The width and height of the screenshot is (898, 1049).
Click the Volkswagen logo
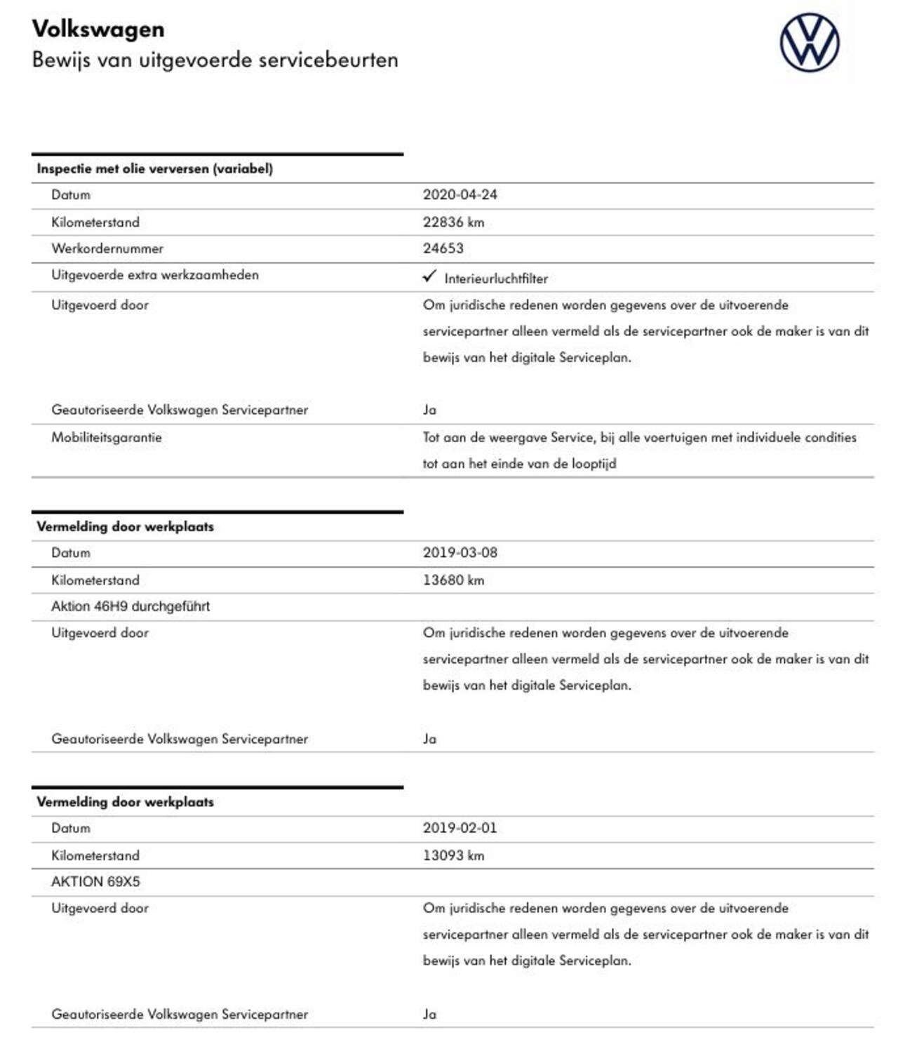point(809,42)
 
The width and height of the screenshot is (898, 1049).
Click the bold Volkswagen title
point(98,29)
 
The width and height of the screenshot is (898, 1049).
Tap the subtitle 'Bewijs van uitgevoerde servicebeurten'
point(215,60)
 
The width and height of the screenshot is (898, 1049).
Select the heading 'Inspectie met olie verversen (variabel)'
point(154,168)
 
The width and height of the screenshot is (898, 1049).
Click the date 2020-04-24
point(460,195)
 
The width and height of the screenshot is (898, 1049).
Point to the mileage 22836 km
point(453,222)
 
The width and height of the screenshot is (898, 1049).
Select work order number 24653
point(443,248)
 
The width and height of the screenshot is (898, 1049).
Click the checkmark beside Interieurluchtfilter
point(429,276)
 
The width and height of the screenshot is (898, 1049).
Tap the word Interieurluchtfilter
point(495,279)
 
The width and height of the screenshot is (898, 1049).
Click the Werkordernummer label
point(107,248)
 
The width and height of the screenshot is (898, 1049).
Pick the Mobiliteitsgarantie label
point(106,437)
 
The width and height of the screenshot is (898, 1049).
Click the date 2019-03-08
point(460,553)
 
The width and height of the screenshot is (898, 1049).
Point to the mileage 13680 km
point(453,580)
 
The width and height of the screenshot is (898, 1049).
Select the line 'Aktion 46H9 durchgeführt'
point(130,606)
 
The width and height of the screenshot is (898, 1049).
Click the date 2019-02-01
point(460,828)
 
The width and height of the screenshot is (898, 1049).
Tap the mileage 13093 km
point(453,855)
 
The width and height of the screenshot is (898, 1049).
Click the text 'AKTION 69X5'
point(95,882)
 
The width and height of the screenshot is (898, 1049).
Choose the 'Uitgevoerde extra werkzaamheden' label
point(154,275)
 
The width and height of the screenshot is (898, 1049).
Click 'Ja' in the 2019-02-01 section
point(429,1014)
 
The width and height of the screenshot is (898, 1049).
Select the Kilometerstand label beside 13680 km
point(95,580)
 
